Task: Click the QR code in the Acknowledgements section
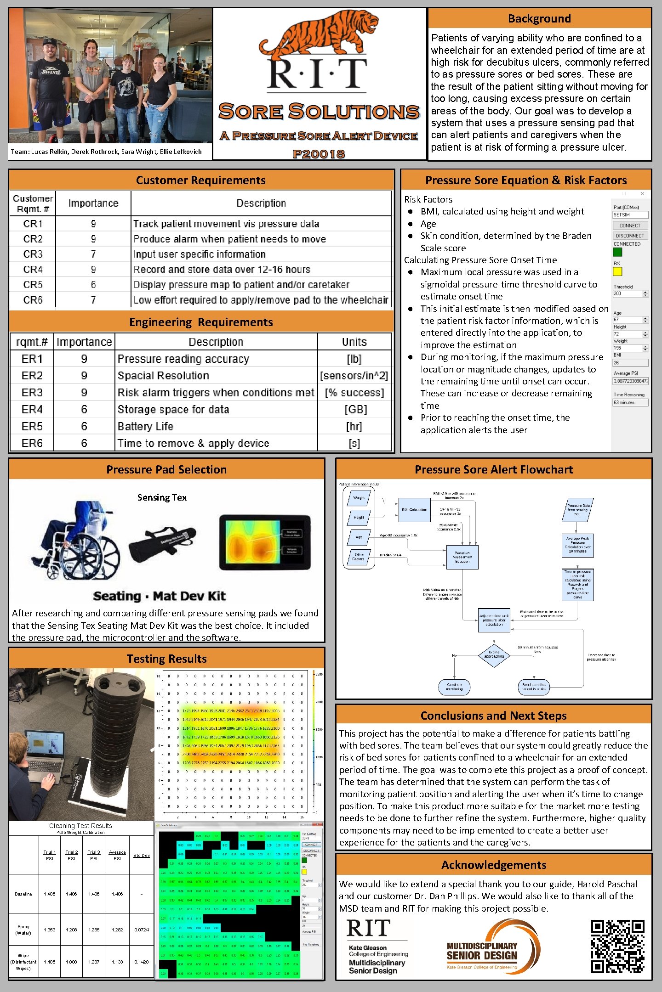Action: click(x=617, y=947)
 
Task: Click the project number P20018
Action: click(x=319, y=154)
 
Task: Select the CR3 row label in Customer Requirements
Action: click(x=33, y=254)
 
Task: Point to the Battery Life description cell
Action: click(x=145, y=426)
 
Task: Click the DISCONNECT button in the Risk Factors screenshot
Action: click(x=630, y=236)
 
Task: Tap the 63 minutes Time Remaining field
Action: click(x=630, y=402)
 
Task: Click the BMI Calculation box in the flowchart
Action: click(x=414, y=509)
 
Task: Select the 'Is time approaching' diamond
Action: click(x=494, y=654)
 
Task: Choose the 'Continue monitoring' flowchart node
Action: click(x=454, y=687)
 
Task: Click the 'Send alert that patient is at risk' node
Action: click(x=534, y=687)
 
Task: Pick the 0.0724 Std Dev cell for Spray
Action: click(x=142, y=930)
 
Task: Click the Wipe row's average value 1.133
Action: click(x=117, y=962)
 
